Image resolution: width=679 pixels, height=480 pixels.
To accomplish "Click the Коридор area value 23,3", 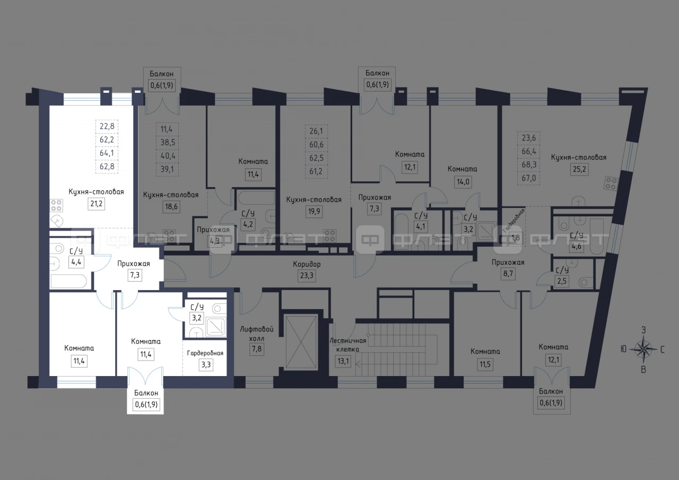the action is [x=307, y=276].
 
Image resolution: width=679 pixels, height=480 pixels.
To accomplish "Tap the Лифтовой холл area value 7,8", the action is [x=257, y=349].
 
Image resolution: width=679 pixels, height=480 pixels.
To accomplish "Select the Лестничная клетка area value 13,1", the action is [x=343, y=361].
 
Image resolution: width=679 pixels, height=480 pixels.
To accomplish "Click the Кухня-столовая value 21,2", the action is [x=96, y=204].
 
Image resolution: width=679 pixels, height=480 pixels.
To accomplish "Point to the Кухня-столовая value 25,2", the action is [x=579, y=169].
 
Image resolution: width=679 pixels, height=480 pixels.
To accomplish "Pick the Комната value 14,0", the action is [x=463, y=182].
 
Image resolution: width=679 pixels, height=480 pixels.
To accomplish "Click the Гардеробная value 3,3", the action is [x=206, y=364].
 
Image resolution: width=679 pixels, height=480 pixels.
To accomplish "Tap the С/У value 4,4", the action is [x=76, y=262].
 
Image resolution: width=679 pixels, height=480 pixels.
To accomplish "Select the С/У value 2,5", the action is [x=562, y=281].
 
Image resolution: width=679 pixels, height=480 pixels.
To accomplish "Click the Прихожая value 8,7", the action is [x=508, y=274].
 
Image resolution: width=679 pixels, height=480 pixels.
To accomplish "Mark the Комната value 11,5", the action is [x=485, y=364].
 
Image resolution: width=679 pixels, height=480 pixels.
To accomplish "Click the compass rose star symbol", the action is [x=643, y=350].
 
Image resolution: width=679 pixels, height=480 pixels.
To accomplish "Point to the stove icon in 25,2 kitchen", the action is [x=611, y=183].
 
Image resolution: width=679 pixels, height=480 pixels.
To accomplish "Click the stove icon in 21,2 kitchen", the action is [x=56, y=205].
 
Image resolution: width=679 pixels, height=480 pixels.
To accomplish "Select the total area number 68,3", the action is [x=529, y=164].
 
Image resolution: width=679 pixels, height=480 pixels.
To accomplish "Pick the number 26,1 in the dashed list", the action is [x=316, y=131].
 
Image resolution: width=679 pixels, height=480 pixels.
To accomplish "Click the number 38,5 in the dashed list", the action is [x=168, y=142].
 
